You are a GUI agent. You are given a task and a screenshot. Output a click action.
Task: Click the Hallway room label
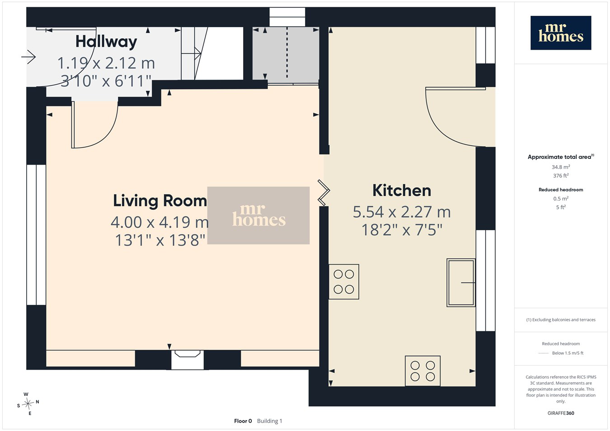click(x=106, y=42)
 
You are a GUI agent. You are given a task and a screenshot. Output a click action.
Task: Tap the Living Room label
click(x=160, y=201)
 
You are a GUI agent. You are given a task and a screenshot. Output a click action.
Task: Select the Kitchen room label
click(x=402, y=190)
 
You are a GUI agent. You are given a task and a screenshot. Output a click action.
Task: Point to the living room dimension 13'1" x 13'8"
click(x=160, y=240)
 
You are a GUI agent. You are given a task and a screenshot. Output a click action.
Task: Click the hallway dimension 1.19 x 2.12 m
click(x=106, y=63)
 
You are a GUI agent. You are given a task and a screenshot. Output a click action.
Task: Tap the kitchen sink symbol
click(x=461, y=283)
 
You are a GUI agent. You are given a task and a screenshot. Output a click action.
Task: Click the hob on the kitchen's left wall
click(x=344, y=282)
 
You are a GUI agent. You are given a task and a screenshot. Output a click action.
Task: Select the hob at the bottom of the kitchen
click(x=422, y=371)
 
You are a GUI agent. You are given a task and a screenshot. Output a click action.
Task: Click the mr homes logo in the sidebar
click(x=561, y=33)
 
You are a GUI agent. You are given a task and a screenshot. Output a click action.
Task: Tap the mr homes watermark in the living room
click(x=258, y=215)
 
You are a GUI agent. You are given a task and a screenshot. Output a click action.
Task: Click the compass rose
click(x=28, y=403)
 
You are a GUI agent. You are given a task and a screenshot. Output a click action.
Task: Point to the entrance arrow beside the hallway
click(x=28, y=57)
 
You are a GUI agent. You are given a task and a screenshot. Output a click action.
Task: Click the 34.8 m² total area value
click(x=561, y=167)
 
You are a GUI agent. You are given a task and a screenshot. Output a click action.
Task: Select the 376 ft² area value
click(x=561, y=176)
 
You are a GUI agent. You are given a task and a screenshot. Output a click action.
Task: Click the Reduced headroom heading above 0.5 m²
click(x=561, y=190)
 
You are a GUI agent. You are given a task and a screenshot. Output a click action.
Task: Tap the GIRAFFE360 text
click(x=561, y=413)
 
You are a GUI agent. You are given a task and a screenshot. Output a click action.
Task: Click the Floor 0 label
click(x=243, y=421)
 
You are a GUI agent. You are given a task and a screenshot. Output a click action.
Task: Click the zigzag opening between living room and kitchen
click(x=324, y=193)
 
